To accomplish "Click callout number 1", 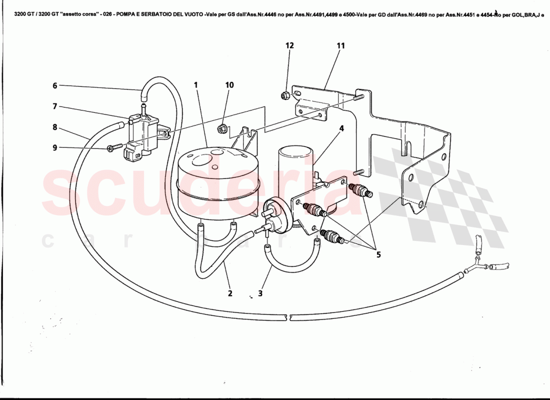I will coord(196,85).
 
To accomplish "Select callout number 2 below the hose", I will coord(230,293).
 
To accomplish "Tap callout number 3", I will coord(260,293).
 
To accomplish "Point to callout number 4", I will coord(341,128).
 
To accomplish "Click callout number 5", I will coord(378,254).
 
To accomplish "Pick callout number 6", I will coord(55,85).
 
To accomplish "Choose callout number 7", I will coord(55,106).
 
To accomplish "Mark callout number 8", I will coord(55,127).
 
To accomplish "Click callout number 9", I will coord(55,147).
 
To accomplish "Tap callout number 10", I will coord(229,85).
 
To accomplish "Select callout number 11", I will coord(340,45).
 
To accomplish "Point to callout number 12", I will coord(289,45).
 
